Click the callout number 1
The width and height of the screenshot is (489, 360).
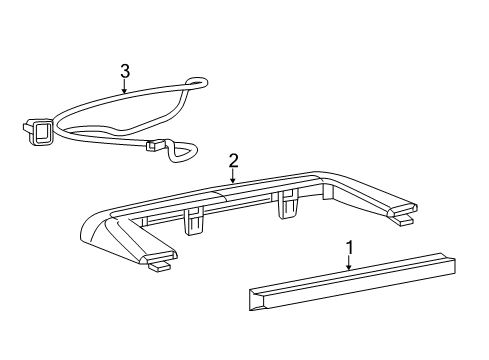coord(348,246)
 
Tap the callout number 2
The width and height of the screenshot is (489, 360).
coord(233,159)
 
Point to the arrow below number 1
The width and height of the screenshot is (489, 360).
coord(348,263)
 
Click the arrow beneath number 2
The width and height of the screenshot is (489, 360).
coord(233,176)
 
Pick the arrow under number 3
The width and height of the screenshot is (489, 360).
coord(124,87)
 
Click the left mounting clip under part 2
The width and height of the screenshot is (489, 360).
coord(194,222)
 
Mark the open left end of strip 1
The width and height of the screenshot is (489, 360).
coord(254,299)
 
